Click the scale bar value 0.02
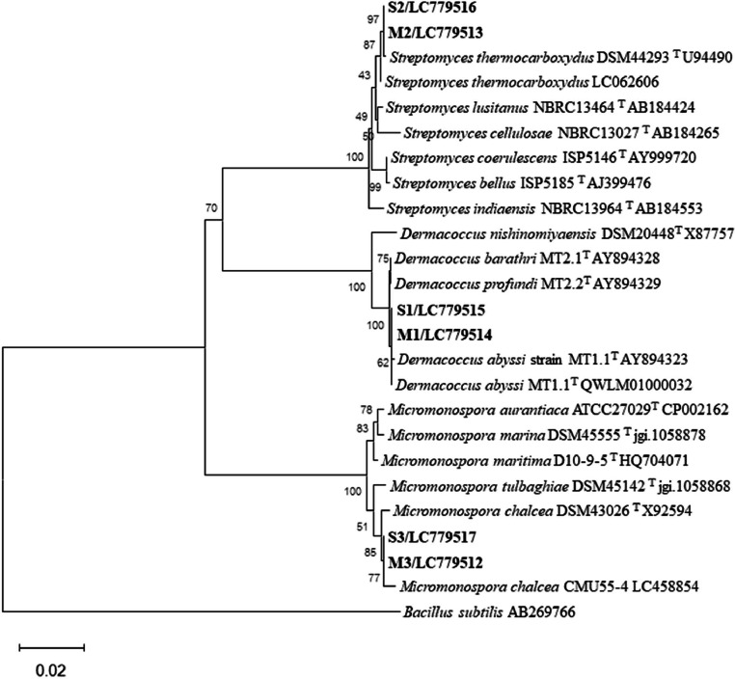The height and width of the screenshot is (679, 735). (51, 666)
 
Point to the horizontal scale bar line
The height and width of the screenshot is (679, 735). (52, 644)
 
